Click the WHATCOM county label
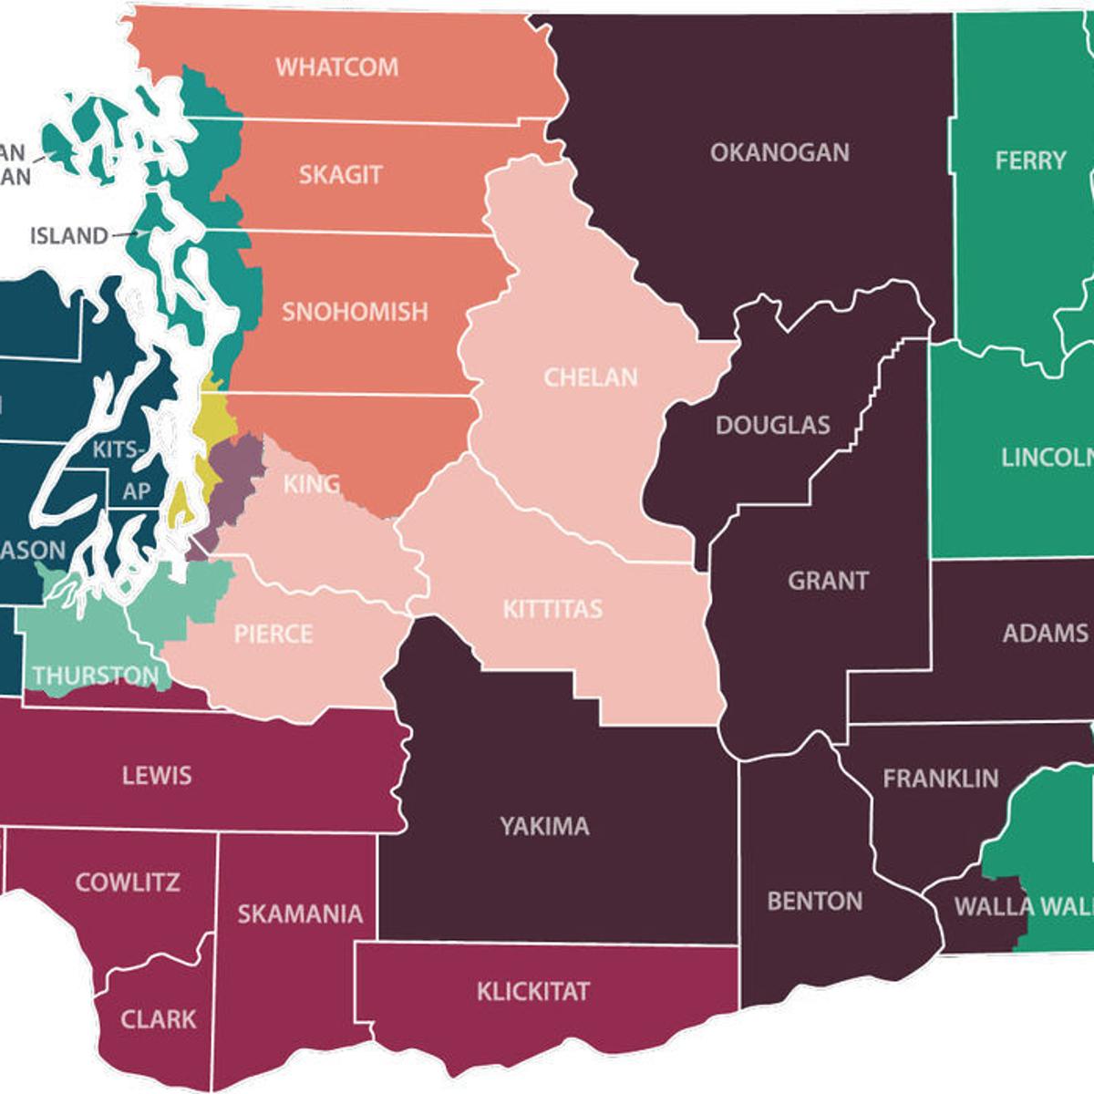coord(337,67)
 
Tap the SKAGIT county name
coord(340,175)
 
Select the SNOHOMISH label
coord(355,312)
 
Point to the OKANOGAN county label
coord(779,152)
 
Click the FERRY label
coord(1030,161)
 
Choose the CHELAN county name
coord(591,377)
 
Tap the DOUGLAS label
coord(773,425)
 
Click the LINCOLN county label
coord(1047,458)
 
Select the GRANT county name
coord(828,581)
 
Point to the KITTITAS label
coord(552,609)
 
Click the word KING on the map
coord(312,484)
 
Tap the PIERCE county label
coord(273,634)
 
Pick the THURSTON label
coord(96,676)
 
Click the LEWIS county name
coord(157,776)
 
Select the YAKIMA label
coord(544,827)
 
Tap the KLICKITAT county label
coord(533,991)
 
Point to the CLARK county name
coord(159,1018)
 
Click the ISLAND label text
coord(68,236)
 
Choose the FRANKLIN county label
coord(941,779)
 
